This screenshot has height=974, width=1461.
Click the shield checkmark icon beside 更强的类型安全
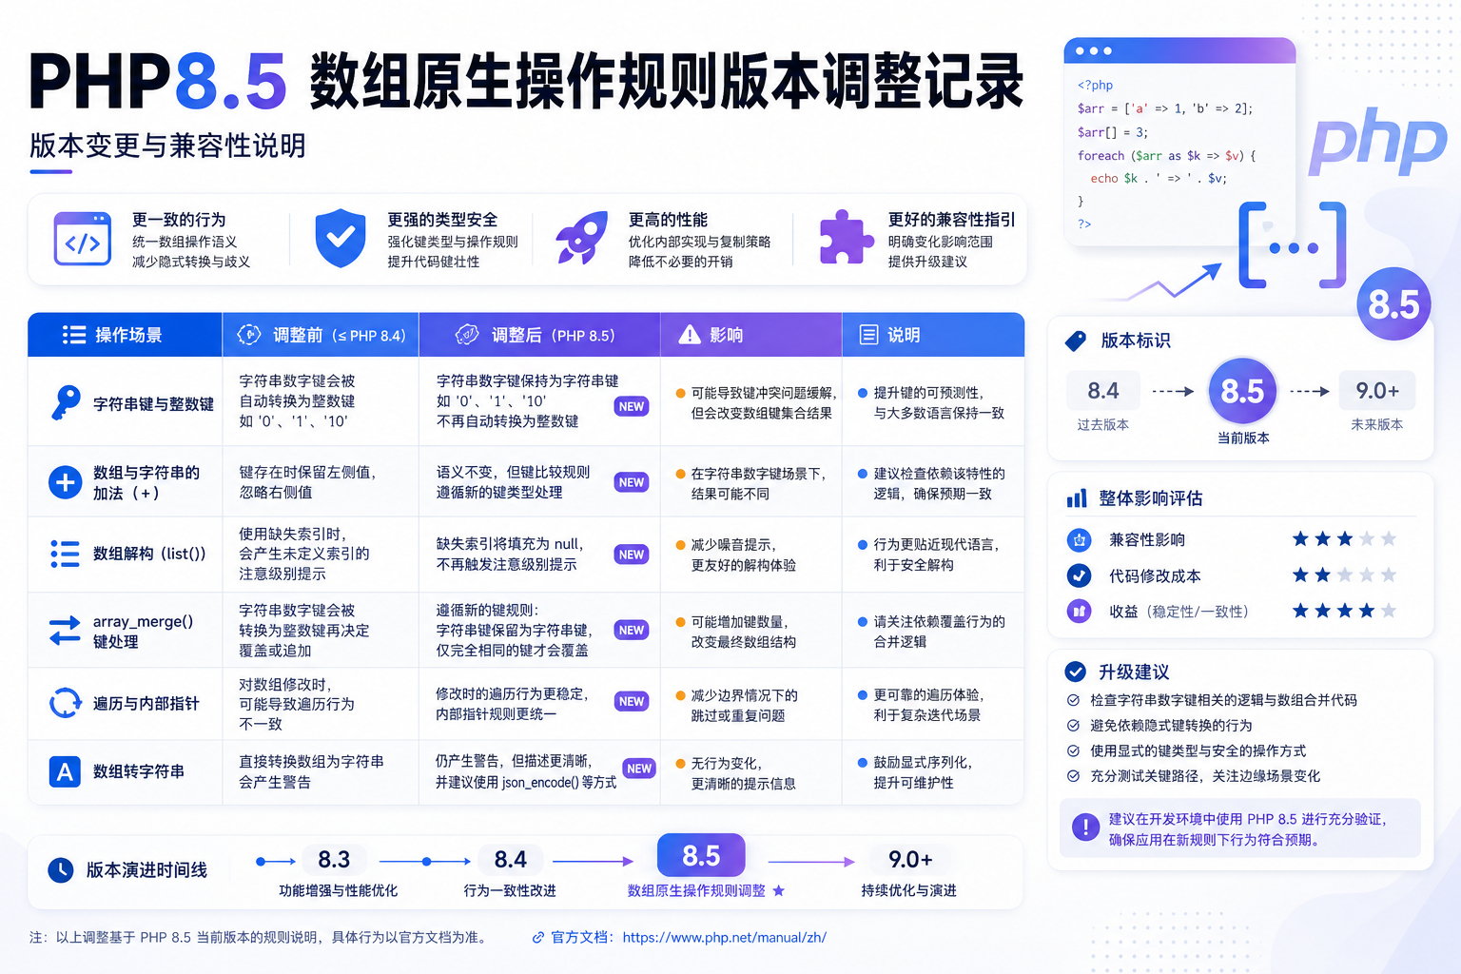[340, 238]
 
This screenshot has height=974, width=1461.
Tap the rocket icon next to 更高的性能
[581, 238]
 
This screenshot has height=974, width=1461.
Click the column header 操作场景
[128, 336]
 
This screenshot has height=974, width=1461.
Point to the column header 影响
[726, 336]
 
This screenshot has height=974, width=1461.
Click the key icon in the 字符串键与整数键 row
[66, 402]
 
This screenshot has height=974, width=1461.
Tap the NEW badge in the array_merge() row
[632, 631]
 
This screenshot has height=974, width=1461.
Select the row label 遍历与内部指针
[146, 703]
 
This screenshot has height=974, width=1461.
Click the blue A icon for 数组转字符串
[65, 771]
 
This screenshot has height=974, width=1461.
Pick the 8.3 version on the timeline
[334, 860]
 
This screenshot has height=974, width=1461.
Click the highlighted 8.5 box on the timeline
[701, 855]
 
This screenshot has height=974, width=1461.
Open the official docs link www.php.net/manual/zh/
[724, 938]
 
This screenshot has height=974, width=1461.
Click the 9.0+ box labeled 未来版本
[1377, 391]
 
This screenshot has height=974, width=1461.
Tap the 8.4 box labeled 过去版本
[1103, 391]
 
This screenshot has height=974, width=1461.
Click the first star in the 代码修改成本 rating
[1300, 575]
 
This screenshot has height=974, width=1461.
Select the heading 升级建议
[1134, 672]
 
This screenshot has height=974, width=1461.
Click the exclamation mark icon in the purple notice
[1085, 828]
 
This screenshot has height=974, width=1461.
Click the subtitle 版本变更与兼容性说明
[167, 146]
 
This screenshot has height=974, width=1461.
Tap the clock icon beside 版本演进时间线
[61, 869]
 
